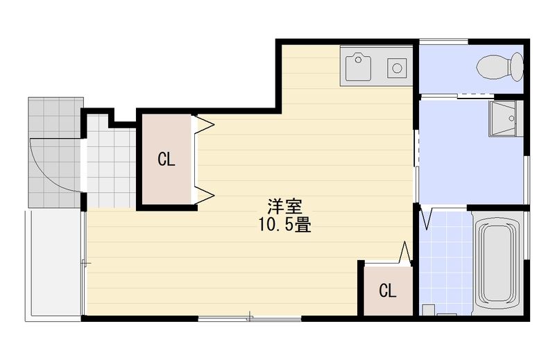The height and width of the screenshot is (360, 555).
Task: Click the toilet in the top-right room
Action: coord(494,67)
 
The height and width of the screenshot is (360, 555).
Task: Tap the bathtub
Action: coord(498,262)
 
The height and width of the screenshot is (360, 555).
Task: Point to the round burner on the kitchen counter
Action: coord(397,68)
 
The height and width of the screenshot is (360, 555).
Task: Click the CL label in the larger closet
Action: coord(166,160)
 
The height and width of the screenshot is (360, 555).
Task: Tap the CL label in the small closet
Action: coord(388,291)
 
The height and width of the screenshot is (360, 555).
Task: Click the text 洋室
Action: coord(284,207)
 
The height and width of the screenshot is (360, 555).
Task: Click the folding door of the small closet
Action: coord(406,252)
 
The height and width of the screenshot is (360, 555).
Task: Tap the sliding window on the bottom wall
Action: coord(250,318)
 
